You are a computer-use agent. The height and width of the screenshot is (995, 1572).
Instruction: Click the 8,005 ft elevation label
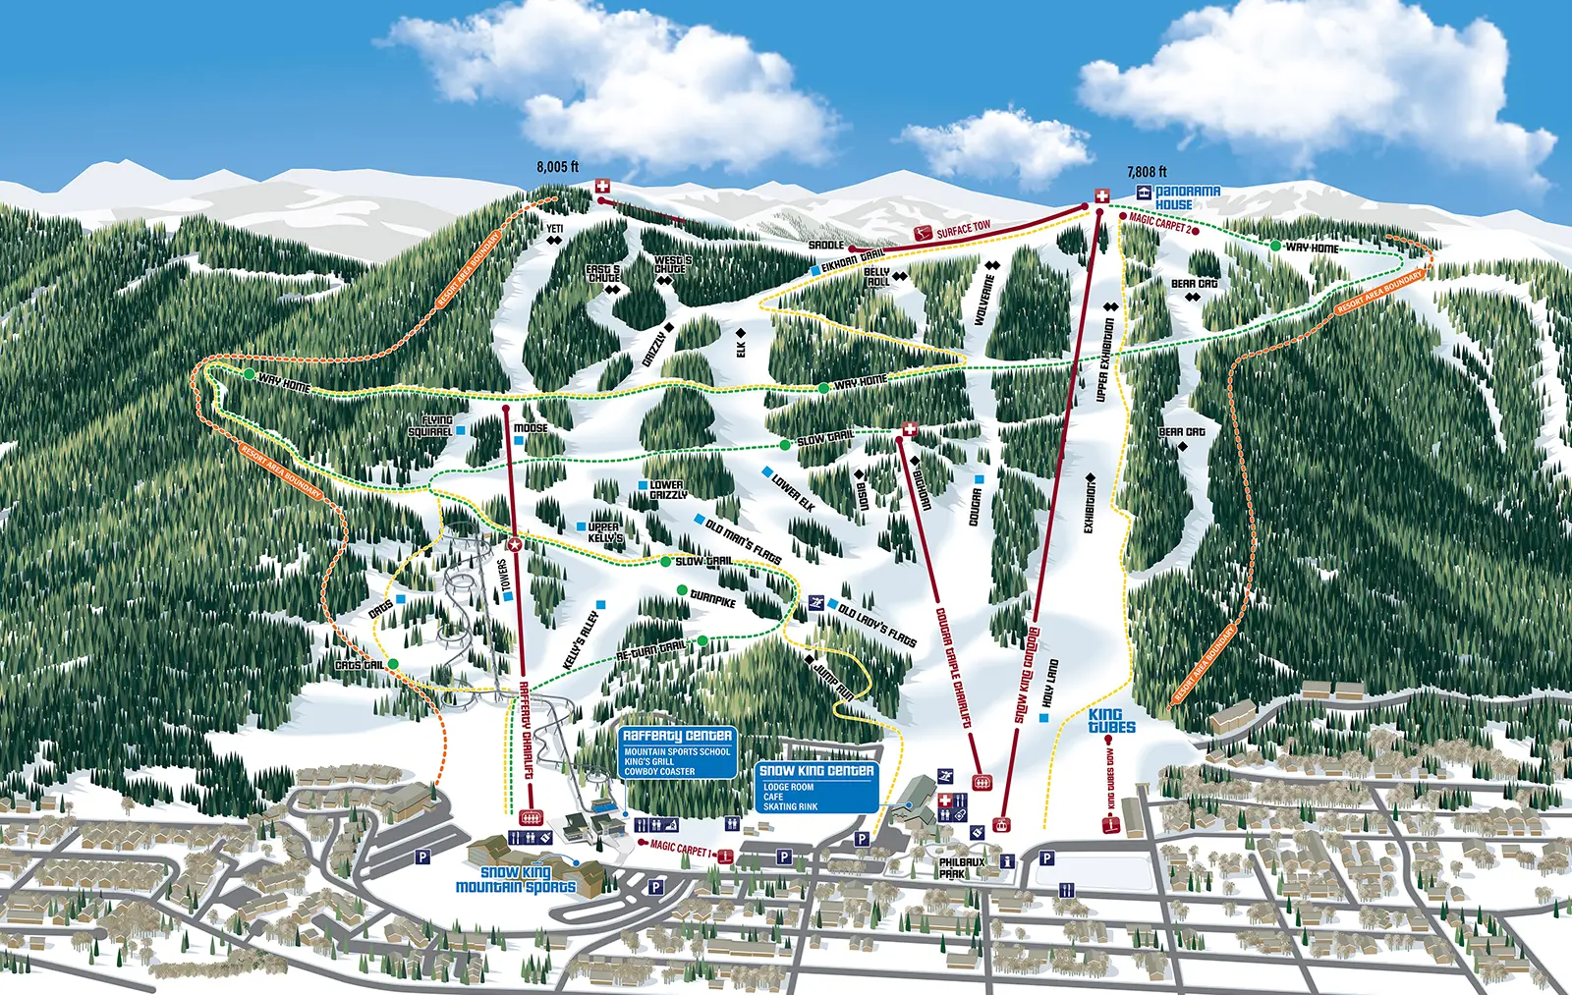coord(557,167)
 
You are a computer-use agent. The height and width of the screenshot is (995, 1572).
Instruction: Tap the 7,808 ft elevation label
coord(1147,172)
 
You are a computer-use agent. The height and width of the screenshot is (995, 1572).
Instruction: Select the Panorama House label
coord(1187,197)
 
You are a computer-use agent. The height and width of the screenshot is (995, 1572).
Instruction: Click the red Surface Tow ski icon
coord(922,234)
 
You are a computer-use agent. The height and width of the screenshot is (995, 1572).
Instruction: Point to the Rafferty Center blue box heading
coord(677,736)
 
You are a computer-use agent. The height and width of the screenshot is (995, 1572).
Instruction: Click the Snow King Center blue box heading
coord(816,771)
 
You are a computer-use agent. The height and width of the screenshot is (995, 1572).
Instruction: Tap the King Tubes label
coord(1111,722)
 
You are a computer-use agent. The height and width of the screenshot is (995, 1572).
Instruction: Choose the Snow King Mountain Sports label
coord(516,880)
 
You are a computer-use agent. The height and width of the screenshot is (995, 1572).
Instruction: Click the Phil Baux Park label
coord(961,868)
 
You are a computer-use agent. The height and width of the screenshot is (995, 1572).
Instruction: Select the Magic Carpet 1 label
coord(681,849)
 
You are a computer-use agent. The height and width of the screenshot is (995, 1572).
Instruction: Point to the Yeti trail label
coord(555,229)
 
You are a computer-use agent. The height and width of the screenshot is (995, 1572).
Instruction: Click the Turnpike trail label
coord(712,598)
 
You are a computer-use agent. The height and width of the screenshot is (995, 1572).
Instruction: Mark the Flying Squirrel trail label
coord(430,426)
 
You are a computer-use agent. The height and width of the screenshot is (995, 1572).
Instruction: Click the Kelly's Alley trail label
coord(581,641)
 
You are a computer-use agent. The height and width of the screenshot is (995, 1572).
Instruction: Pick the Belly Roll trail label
coord(876,277)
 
